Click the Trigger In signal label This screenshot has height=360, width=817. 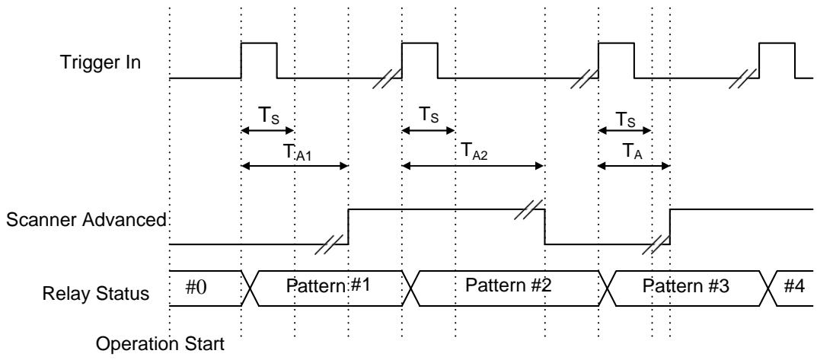pos(101,62)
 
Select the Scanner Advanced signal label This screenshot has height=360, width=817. pos(86,220)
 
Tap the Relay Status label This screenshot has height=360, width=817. pos(96,294)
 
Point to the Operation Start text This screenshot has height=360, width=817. pos(161,344)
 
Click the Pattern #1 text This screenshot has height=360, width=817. pos(328,285)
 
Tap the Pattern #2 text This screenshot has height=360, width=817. pos(508,285)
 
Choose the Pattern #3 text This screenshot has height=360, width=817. pos(685,286)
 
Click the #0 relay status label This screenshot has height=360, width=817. pos(197,286)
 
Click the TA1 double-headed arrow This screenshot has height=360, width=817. pos(295,166)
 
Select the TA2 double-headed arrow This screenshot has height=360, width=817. pos(473,166)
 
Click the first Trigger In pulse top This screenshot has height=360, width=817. pos(259,43)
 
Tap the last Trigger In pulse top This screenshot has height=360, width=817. pos(777,43)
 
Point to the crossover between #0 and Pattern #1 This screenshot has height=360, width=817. pos(251,288)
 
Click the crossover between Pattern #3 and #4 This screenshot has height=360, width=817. pos(768,288)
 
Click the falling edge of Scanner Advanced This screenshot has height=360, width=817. pos(545,227)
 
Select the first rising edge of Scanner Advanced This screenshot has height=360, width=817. pos(349,227)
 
